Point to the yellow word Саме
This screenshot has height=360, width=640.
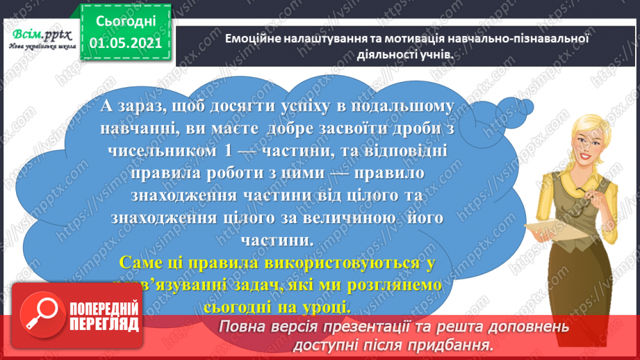139,263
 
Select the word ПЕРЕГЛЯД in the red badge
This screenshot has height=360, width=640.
107,324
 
